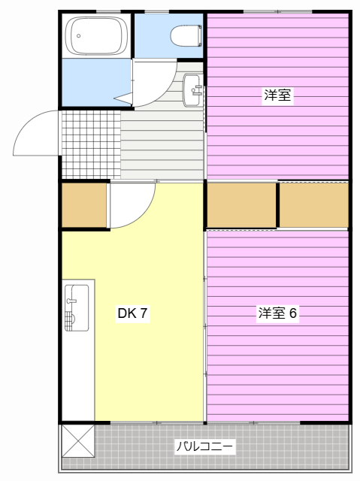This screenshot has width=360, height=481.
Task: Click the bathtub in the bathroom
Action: [x=96, y=35]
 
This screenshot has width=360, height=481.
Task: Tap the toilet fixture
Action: [x=184, y=35]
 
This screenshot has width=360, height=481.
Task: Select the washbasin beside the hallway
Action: [x=192, y=89]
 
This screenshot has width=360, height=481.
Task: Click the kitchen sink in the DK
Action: [x=76, y=307]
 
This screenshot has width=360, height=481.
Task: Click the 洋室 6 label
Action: [x=278, y=313]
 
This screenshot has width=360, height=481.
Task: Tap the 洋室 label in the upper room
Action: [x=277, y=95]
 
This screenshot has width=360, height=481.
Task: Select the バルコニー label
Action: [x=204, y=446]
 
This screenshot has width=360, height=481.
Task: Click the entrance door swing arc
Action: [x=34, y=135]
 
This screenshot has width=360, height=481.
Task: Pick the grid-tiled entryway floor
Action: [x=90, y=144]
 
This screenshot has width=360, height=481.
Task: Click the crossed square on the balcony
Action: [x=78, y=439]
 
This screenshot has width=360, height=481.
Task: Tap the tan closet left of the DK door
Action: [x=83, y=204]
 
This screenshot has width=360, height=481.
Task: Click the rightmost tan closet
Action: [x=313, y=204]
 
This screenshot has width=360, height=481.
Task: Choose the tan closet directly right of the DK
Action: [x=241, y=204]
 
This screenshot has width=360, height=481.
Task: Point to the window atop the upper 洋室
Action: [x=278, y=11]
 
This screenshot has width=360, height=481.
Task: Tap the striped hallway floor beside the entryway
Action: [x=162, y=143]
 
